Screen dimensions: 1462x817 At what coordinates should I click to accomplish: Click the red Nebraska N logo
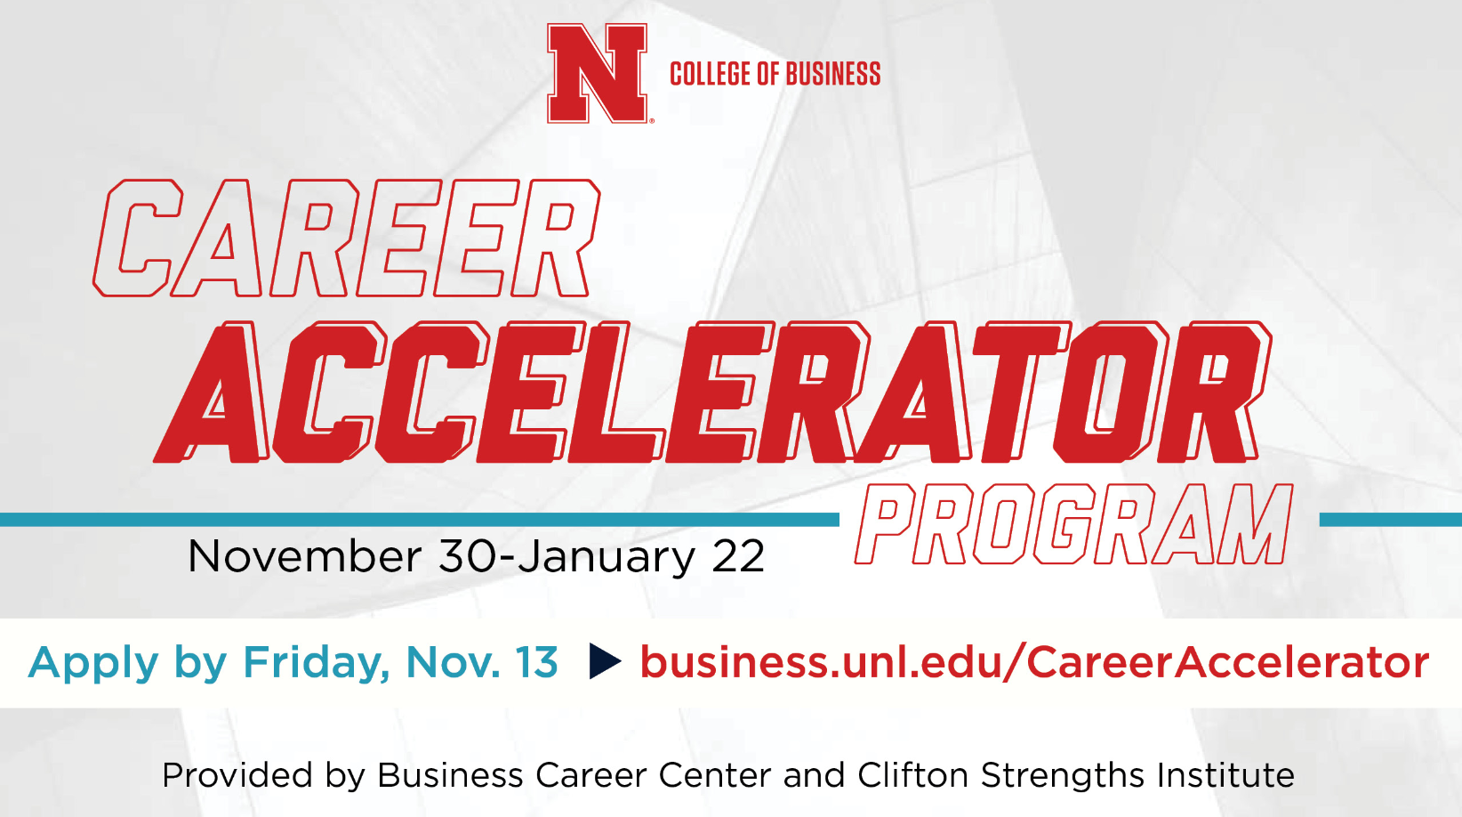coord(598,73)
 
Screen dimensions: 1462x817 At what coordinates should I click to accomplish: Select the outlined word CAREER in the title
coord(346,239)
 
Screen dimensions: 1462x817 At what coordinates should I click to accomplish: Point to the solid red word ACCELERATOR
coord(712,392)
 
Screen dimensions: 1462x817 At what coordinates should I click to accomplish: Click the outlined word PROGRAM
coord(1074,524)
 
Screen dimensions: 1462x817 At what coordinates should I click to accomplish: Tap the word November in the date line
coord(304,556)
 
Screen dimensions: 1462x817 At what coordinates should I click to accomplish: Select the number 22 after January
coord(738,556)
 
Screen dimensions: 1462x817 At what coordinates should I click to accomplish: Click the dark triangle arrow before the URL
coord(604,661)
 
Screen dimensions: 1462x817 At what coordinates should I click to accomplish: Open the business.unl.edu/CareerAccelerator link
coord(1034,662)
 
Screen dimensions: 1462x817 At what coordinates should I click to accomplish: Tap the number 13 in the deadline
coord(536,662)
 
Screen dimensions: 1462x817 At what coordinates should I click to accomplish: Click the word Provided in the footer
coord(237,775)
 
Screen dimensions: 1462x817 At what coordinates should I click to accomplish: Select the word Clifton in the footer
coord(912,775)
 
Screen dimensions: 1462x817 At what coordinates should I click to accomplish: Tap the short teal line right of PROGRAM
coord(1391,520)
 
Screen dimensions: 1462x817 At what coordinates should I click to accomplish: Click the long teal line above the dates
coord(420,520)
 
